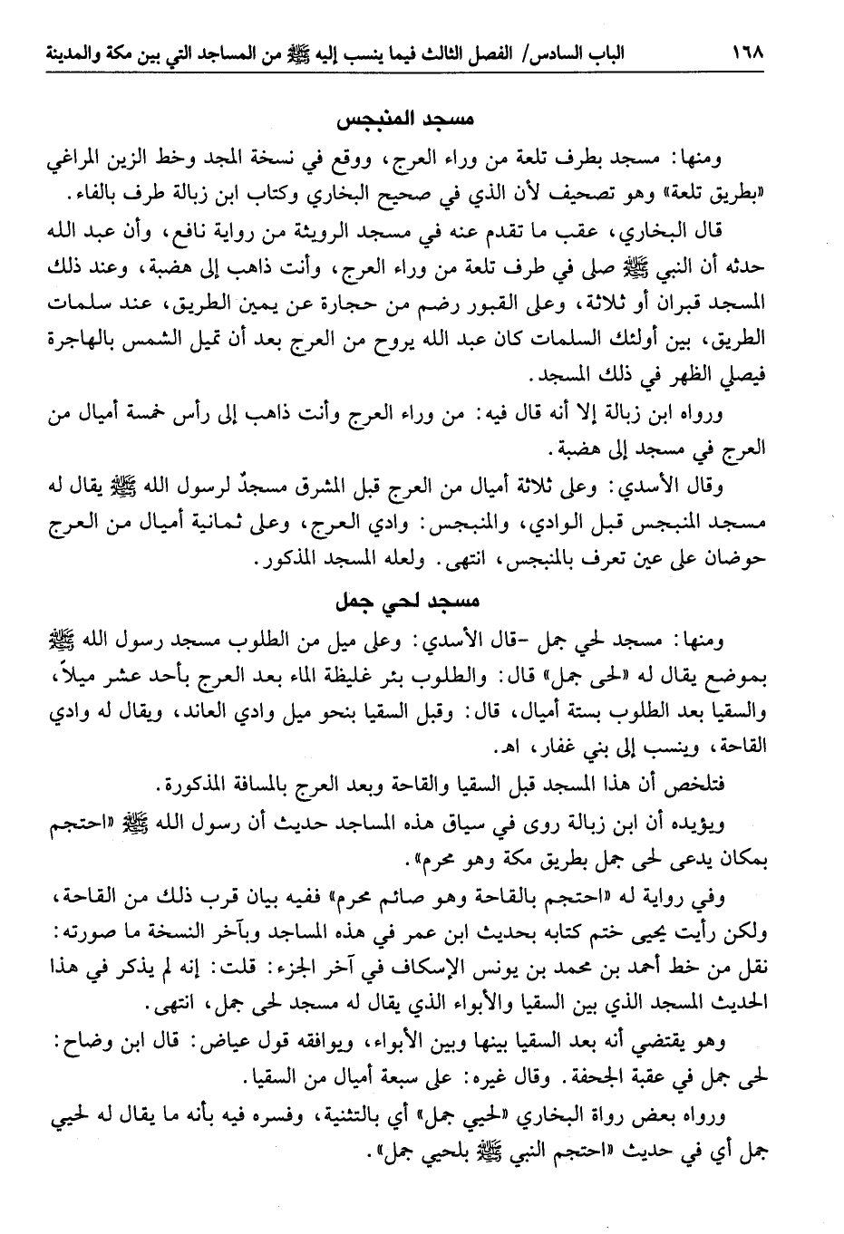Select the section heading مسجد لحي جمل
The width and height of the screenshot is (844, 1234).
(403, 602)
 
